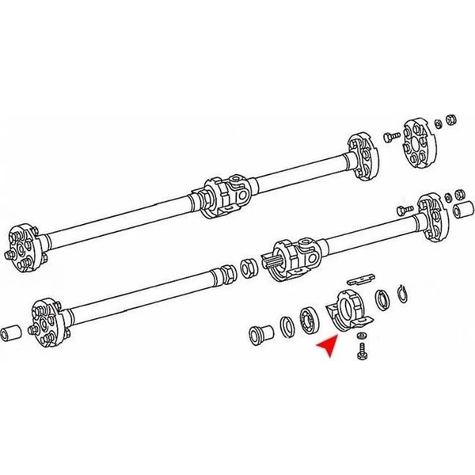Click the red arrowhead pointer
(x=326, y=346)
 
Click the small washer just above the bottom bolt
(x=361, y=336)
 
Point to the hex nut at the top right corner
(x=450, y=119)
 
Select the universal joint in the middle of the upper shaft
(x=226, y=194)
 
